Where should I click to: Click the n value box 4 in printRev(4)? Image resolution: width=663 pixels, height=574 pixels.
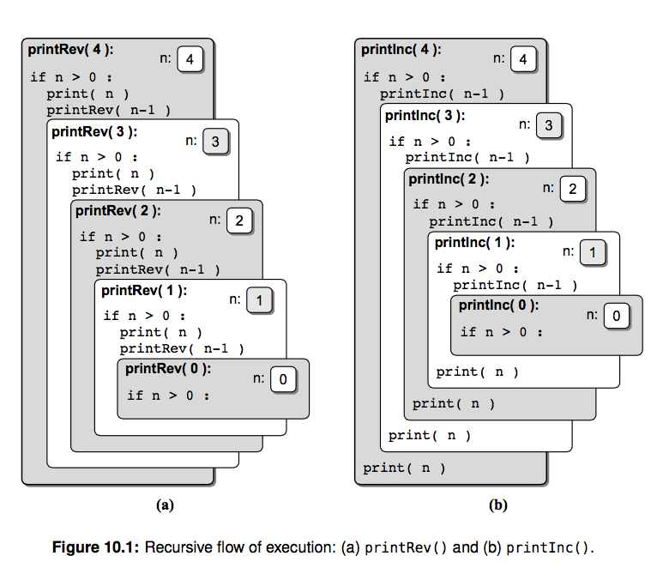tap(190, 59)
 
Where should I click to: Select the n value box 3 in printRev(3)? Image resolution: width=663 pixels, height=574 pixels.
tap(216, 142)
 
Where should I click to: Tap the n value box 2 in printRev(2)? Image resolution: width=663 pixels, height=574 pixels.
tap(239, 221)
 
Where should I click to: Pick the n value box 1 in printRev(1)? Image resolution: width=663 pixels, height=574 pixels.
tap(260, 300)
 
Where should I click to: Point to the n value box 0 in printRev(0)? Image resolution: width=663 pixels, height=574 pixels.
tap(284, 379)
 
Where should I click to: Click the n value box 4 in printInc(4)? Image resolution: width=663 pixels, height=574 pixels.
tap(523, 59)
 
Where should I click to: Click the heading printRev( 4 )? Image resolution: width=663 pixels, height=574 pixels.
tap(70, 50)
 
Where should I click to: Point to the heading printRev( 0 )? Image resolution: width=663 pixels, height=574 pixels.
tap(168, 369)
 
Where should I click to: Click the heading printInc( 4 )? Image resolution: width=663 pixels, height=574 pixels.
tap(401, 50)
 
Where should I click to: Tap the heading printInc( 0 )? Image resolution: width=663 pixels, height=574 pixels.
tap(498, 305)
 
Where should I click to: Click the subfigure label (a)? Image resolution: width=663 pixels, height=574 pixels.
tap(165, 505)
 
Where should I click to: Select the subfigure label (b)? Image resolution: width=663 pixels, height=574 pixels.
tap(497, 505)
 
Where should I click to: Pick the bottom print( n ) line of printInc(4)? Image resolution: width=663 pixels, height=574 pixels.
tap(404, 468)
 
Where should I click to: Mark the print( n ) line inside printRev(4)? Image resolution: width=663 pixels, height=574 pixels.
tap(87, 94)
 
